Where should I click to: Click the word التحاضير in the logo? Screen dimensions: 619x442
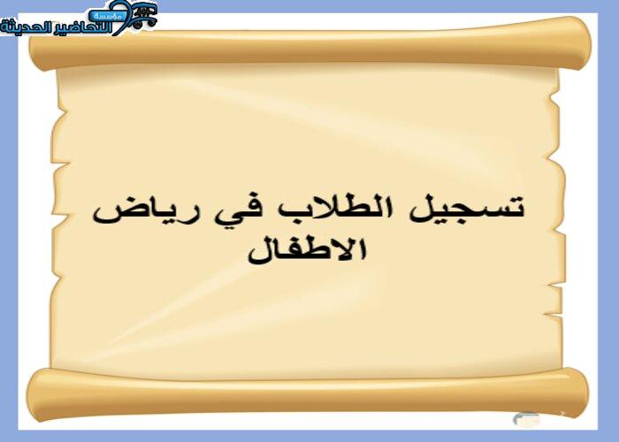pos(82,27)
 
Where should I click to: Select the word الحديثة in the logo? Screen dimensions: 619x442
pos(26,27)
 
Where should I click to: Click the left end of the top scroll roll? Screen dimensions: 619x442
pos(34,50)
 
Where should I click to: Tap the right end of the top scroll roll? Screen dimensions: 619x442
pos(584,42)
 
